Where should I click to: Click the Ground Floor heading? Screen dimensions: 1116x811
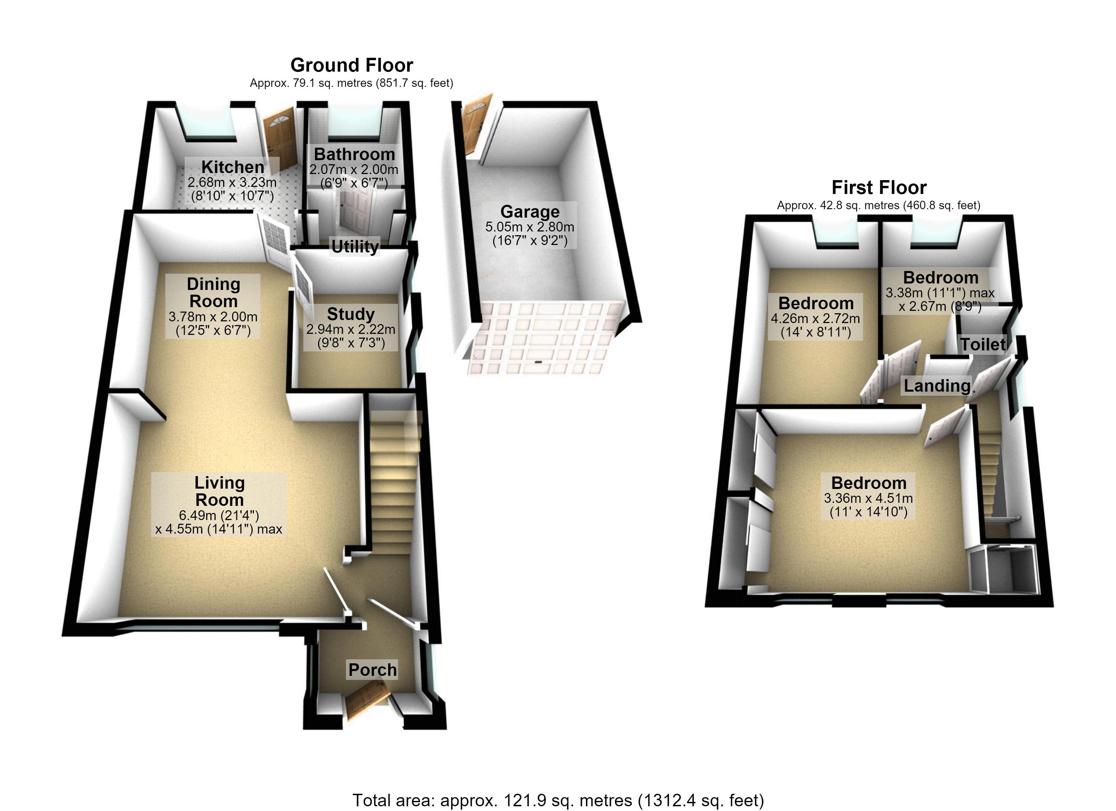pos(351,65)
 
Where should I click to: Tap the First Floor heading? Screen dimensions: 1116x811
pos(879,188)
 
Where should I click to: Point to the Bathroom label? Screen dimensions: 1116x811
pos(354,154)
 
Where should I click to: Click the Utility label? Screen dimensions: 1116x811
pos(355,246)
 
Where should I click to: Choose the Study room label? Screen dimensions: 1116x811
pos(351,314)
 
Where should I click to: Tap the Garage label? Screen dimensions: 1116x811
pos(530,212)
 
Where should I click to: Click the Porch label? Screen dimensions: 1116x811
pos(372,669)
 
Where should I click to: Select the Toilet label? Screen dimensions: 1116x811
pos(983,344)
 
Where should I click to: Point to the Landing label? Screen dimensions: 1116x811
pos(937,386)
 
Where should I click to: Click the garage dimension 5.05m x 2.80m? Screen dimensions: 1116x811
pos(530,227)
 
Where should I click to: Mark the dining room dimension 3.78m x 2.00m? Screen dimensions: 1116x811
pos(213,317)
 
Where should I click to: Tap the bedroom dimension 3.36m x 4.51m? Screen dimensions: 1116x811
pos(868,498)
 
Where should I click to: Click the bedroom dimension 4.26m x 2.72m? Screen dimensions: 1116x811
pos(815,318)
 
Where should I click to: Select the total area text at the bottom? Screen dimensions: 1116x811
pos(558,800)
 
